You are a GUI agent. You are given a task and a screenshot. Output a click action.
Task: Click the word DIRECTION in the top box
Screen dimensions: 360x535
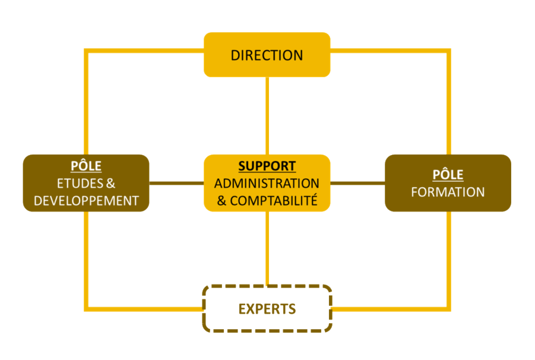[x=267, y=55]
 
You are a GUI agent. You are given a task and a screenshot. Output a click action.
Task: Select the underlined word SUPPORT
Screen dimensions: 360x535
[x=267, y=166]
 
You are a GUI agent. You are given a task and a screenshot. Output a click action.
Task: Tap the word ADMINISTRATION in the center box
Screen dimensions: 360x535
[x=267, y=183]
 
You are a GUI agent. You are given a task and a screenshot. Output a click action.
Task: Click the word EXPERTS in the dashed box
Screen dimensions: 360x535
[x=267, y=309]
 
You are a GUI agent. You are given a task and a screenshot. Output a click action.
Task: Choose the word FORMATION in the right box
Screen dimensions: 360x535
[x=448, y=192]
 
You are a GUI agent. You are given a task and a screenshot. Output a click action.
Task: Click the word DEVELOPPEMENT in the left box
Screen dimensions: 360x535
[x=86, y=201]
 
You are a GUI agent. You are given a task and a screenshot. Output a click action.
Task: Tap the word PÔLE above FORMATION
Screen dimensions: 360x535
[x=448, y=175]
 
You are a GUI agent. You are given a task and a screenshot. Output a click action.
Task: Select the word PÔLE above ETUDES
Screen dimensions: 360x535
[x=86, y=166]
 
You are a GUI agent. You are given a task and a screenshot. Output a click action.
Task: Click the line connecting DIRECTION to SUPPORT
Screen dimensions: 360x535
[x=267, y=116]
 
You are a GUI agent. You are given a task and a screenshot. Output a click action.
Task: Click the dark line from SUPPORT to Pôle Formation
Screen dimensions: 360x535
[x=357, y=183]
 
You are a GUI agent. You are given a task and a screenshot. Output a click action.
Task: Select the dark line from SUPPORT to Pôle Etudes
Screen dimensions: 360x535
[x=176, y=183]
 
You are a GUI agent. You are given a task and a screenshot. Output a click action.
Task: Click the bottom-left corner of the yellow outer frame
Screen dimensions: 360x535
[x=87, y=309]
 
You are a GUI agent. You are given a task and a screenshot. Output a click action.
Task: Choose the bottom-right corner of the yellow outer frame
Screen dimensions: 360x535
[x=448, y=309]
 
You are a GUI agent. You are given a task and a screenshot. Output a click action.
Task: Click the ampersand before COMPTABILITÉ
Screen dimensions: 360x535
[x=222, y=201]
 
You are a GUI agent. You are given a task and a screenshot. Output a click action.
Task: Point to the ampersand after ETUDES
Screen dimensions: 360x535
[x=110, y=183]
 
